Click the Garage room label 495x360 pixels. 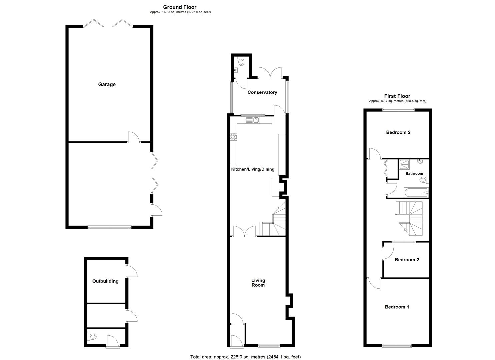coord(107,84)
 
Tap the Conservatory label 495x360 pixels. coord(262,92)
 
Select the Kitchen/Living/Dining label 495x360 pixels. coord(253,169)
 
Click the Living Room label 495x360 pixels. coord(258,283)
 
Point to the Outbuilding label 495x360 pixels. coord(105,281)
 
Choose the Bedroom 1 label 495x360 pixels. coord(397,307)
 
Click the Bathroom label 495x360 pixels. coord(414,173)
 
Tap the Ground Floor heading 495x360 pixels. coord(180,7)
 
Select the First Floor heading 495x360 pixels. coord(397,96)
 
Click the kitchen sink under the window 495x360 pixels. coord(256,119)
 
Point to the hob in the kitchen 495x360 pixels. coord(233,138)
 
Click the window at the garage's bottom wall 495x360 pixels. coord(109,227)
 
